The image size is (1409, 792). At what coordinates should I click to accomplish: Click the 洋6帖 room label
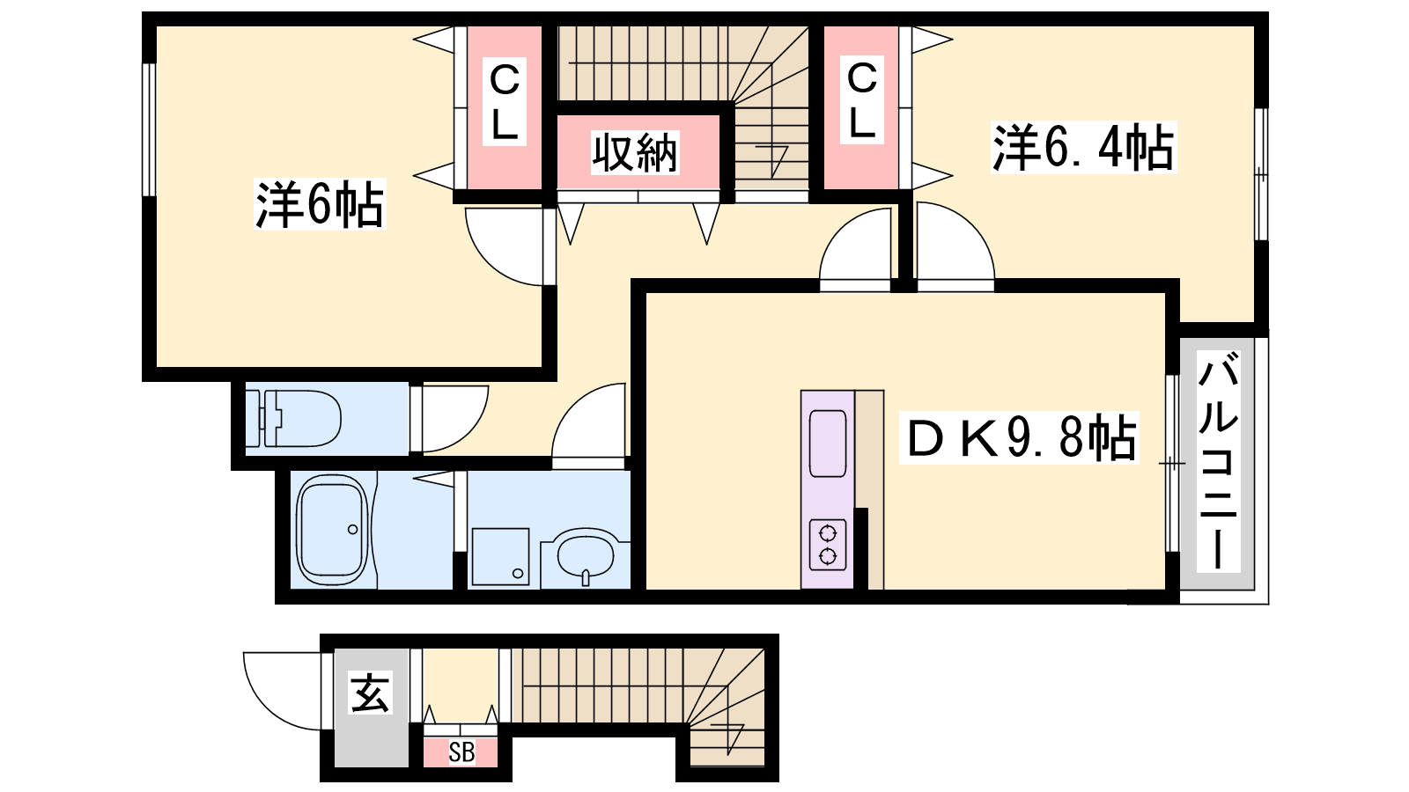coord(320,203)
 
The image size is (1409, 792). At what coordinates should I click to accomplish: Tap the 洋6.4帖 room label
coord(1083,148)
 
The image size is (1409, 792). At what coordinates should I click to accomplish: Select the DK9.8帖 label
coord(1019,437)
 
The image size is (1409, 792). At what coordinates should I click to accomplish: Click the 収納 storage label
coord(635,153)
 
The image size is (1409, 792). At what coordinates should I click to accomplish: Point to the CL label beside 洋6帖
coord(504,102)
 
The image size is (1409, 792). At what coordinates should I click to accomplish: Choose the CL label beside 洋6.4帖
coord(861,100)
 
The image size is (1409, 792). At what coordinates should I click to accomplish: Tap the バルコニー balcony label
coord(1218,461)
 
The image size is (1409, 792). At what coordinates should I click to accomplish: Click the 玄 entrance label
coord(371,692)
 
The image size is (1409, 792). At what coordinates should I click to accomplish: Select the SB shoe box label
coord(461,752)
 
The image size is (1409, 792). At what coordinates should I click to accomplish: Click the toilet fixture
coord(293,418)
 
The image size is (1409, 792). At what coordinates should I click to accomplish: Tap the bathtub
coord(332,530)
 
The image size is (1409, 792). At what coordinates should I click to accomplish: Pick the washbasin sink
coord(585,555)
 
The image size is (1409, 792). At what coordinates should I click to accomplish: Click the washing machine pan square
coord(501,556)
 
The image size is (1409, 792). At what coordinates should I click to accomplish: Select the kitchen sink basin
coord(827,444)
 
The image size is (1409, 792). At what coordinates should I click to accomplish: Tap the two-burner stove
coord(827,545)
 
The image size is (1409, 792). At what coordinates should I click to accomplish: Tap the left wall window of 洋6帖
coord(149,129)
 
